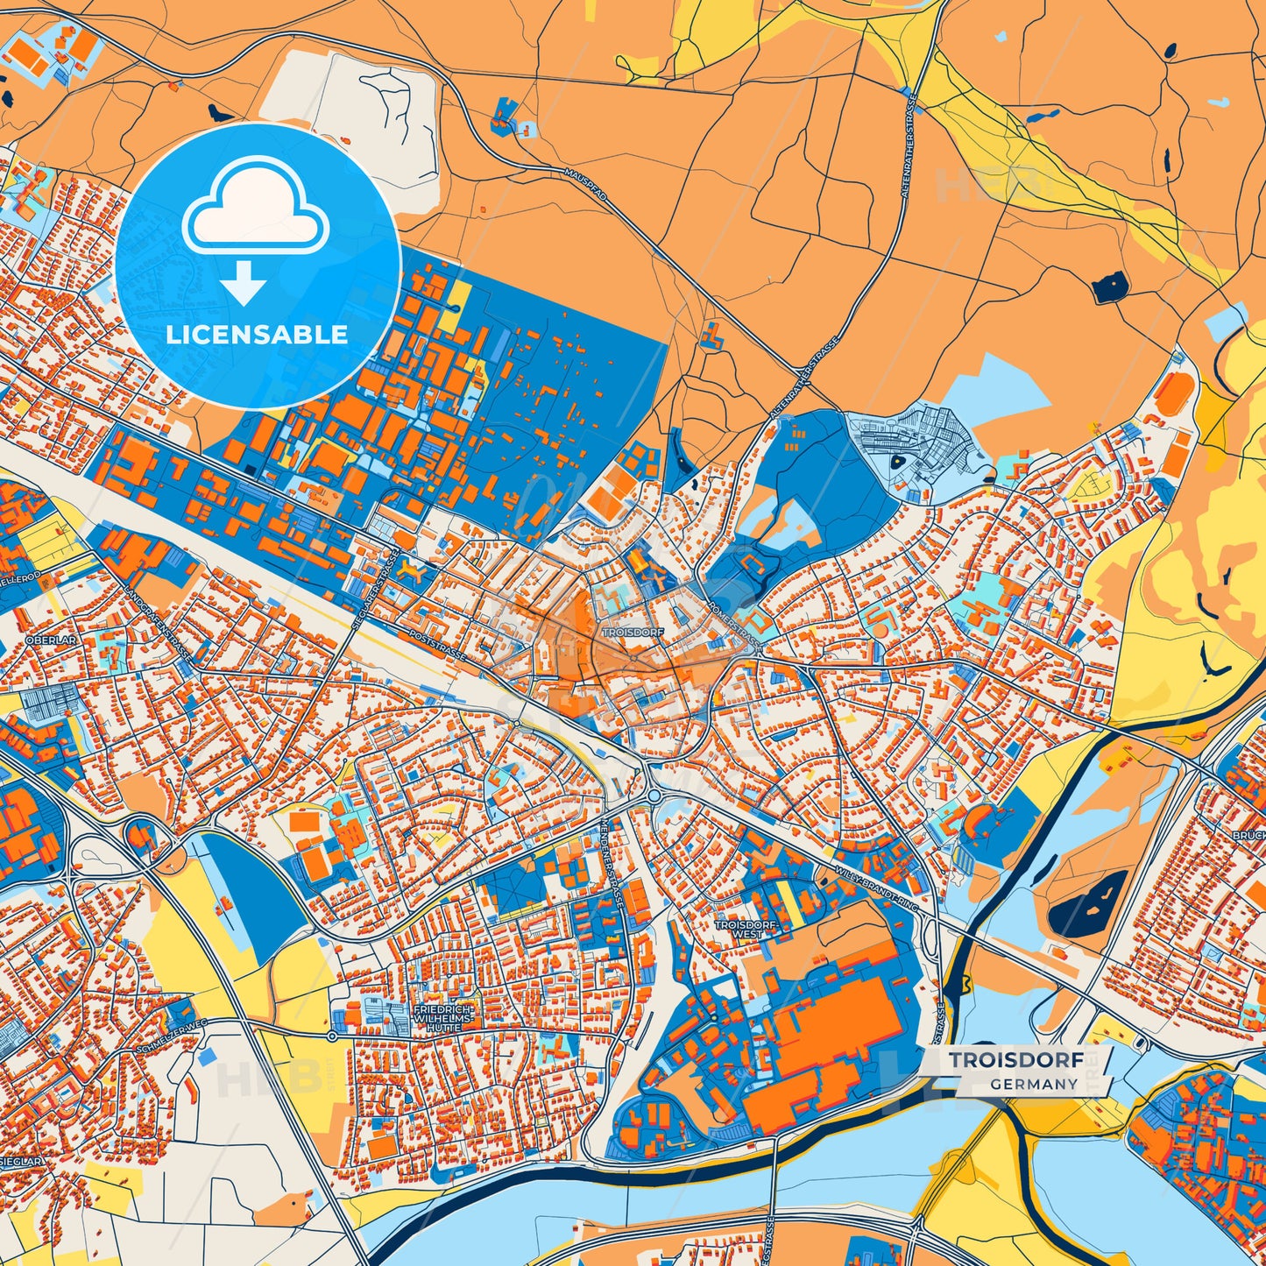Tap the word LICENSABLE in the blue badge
pyautogui.click(x=257, y=335)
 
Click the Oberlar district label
pyautogui.click(x=52, y=640)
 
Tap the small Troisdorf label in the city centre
pyautogui.click(x=633, y=631)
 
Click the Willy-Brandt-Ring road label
pyautogui.click(x=876, y=888)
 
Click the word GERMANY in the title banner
pyautogui.click(x=1034, y=1084)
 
